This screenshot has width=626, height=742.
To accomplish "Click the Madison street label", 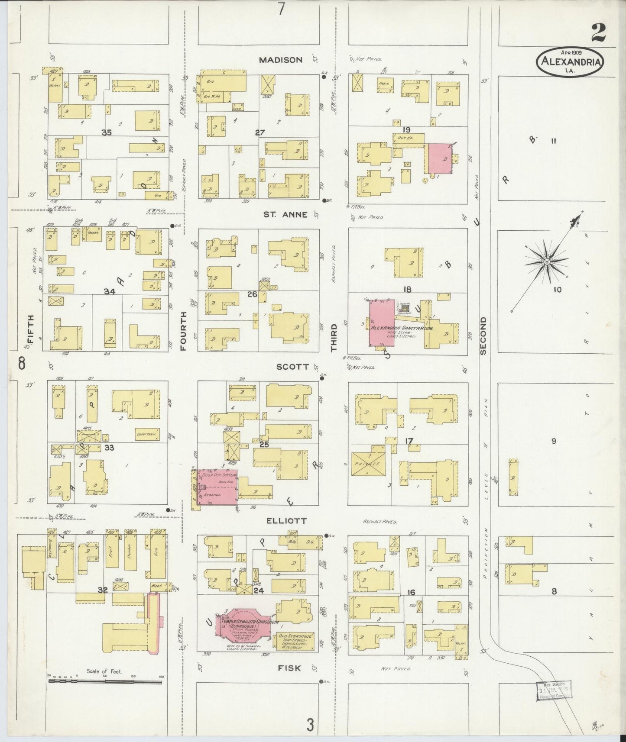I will pyautogui.click(x=280, y=60).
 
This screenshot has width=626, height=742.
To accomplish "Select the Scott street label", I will pyautogui.click(x=293, y=367).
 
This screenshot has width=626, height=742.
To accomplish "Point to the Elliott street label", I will pyautogui.click(x=286, y=521).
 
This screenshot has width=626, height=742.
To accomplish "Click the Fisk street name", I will pyautogui.click(x=289, y=668).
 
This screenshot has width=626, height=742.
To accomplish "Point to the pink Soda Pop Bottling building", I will pyautogui.click(x=217, y=487).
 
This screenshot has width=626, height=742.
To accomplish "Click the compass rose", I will pyautogui.click(x=547, y=262).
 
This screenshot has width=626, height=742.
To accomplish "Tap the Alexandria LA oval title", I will pyautogui.click(x=571, y=62).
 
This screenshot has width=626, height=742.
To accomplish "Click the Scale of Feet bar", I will pyautogui.click(x=104, y=681).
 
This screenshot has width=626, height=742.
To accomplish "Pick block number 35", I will pyautogui.click(x=107, y=132).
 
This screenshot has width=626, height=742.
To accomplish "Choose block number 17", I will pyautogui.click(x=409, y=441).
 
